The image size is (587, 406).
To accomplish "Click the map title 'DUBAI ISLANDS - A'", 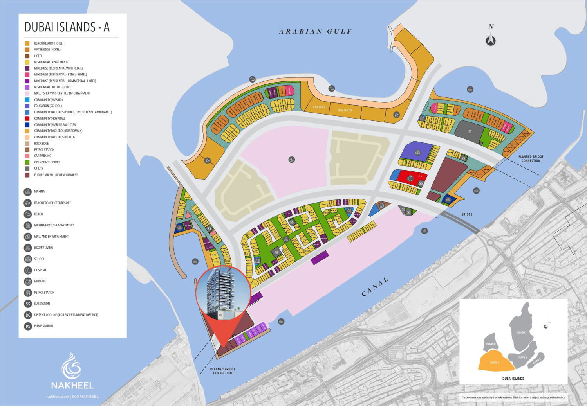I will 67,27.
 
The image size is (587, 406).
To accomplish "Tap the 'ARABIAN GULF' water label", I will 315,32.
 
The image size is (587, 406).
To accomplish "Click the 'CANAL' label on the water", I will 375,287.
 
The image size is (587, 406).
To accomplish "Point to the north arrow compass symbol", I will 491,40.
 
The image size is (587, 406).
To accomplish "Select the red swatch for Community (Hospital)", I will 27,119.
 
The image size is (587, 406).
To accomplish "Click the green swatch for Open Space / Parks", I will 27,162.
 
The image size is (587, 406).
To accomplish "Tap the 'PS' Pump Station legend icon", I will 28,326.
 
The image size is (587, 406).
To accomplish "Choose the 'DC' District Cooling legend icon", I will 28,315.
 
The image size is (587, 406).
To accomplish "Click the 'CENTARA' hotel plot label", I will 319,107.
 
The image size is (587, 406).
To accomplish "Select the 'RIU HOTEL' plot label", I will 345,110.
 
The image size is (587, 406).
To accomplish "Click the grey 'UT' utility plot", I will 469,132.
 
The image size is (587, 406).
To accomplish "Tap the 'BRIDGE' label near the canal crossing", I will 467,214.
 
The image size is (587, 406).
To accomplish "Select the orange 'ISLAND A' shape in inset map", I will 495,362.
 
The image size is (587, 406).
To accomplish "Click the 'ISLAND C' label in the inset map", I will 520,332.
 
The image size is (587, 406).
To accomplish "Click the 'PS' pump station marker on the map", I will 276,252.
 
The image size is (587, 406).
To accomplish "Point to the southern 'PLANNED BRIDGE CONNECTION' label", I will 222,371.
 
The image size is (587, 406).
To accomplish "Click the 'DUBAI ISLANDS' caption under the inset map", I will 513,379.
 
